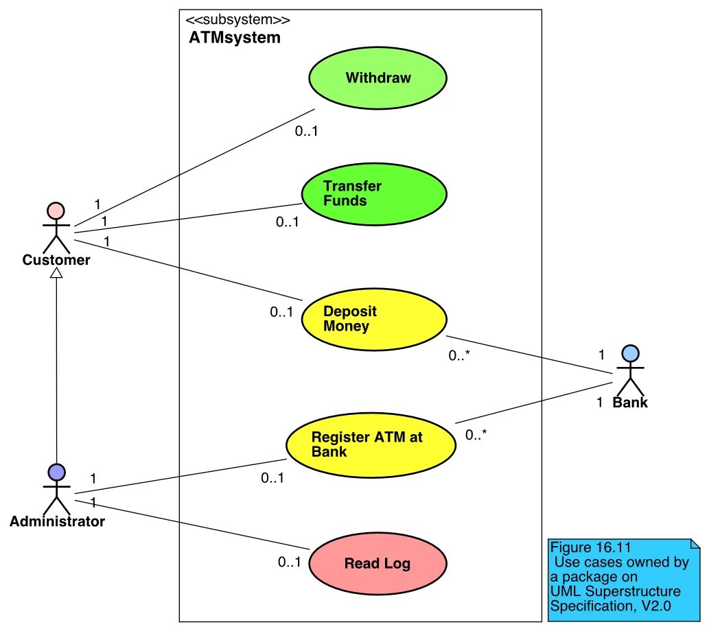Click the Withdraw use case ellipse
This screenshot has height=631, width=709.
click(x=377, y=78)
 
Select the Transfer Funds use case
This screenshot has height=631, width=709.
click(x=374, y=194)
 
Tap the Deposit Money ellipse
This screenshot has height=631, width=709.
click(x=374, y=319)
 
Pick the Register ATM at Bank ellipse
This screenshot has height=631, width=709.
click(x=371, y=444)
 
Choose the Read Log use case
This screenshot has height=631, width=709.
click(x=377, y=563)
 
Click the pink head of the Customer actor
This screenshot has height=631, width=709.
click(x=56, y=211)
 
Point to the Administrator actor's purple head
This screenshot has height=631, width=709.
click(x=56, y=473)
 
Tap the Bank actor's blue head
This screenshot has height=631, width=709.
click(x=630, y=353)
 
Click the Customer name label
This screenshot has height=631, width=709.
click(x=56, y=260)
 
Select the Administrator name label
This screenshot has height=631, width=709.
click(x=57, y=521)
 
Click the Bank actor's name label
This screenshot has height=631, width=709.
click(x=630, y=403)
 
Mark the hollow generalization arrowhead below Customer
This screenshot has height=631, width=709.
click(x=56, y=272)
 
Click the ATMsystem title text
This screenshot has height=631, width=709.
click(x=235, y=38)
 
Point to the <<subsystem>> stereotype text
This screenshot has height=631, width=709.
click(x=238, y=20)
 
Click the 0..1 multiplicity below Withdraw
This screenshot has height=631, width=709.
click(x=306, y=131)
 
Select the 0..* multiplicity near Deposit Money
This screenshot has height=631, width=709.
click(x=459, y=355)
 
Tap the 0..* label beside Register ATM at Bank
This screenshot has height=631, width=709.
click(x=476, y=435)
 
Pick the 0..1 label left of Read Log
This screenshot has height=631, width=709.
click(x=289, y=562)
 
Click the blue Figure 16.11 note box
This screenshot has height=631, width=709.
click(x=623, y=580)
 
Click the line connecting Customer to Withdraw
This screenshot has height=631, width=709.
click(x=194, y=167)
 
